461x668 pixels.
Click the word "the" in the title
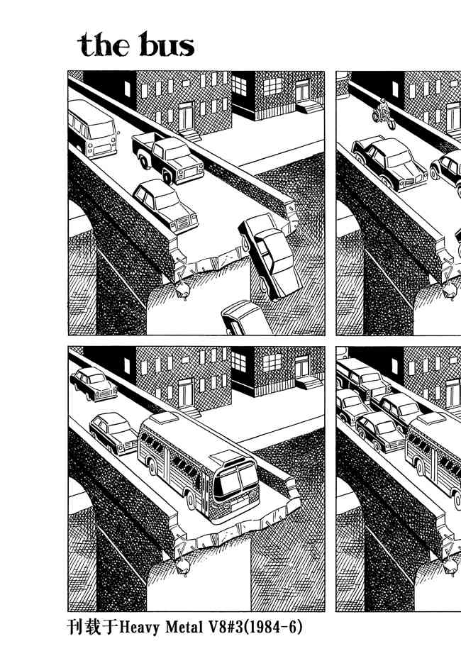[x=104, y=45]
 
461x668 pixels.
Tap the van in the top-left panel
[x=92, y=128]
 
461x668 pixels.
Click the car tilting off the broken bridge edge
[x=268, y=255]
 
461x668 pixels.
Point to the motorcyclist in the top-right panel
[x=384, y=113]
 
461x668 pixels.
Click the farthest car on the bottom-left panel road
[x=94, y=384]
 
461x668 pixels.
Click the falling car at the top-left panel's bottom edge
[x=245, y=318]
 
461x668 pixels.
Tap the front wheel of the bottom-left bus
[x=189, y=499]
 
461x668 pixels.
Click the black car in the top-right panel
[x=389, y=163]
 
